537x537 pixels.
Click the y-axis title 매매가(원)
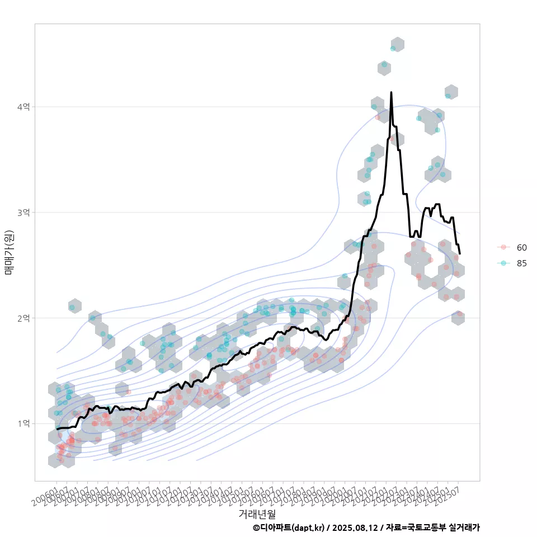tap(8, 252)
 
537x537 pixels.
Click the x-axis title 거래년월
tap(257, 514)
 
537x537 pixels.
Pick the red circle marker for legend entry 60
tap(503, 247)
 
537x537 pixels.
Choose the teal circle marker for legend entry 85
tap(503, 263)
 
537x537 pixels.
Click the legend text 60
tap(522, 247)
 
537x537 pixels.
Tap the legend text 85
tap(522, 263)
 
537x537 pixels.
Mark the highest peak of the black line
tap(391, 92)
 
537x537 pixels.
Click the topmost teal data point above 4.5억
tap(393, 49)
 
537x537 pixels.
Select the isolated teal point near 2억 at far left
tap(72, 307)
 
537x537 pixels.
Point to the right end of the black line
tap(460, 253)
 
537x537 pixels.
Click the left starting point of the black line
tap(57, 429)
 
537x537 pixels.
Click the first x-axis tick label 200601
tap(46, 496)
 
